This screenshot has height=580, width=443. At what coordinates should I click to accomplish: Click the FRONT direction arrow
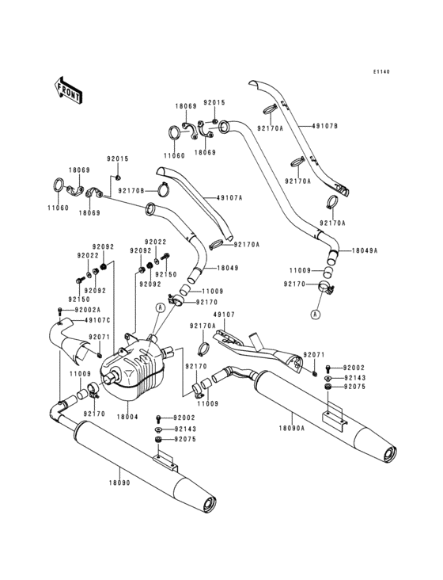(68, 90)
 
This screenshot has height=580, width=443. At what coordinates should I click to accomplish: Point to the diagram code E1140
(381, 72)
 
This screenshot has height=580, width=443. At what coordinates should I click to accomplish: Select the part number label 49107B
(325, 126)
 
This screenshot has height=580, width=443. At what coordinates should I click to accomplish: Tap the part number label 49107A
(229, 198)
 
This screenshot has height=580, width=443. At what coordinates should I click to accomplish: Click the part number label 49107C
(97, 320)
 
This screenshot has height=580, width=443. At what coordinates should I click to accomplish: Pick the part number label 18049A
(365, 250)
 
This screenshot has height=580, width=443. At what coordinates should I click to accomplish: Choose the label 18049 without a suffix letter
(228, 268)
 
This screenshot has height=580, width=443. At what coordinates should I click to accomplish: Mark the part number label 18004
(127, 417)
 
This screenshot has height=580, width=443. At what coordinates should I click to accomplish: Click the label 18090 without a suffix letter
(119, 483)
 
